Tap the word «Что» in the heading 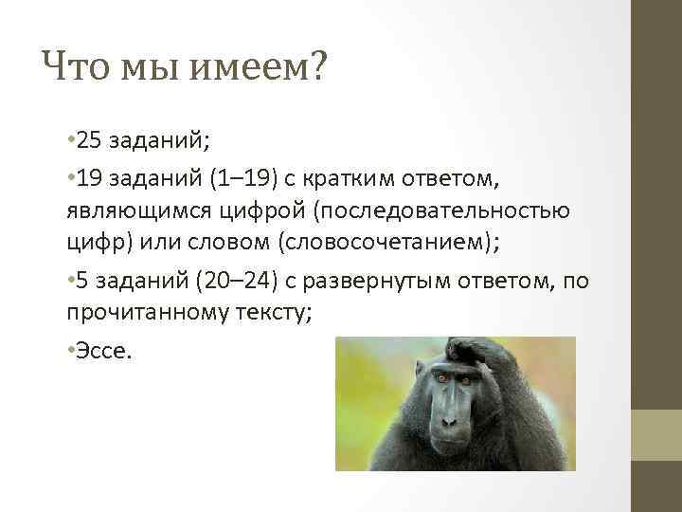77,68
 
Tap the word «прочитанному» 149,313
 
